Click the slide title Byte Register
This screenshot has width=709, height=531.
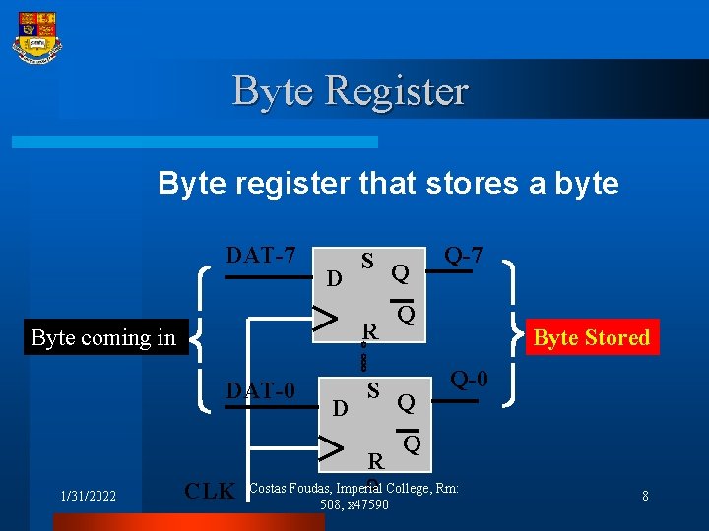coord(351,90)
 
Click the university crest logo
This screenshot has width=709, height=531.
coord(36,37)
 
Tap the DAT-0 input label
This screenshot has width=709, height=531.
coord(261,390)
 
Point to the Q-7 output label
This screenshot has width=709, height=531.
coord(463,255)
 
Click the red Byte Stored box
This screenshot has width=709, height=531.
coord(591,337)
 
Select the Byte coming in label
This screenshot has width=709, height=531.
coord(103,338)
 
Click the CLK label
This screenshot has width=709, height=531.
coord(211,491)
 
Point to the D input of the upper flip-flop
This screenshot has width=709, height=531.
coord(334,279)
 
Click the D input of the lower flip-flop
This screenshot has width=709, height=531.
coord(339,406)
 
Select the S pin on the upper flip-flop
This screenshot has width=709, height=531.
coord(366,262)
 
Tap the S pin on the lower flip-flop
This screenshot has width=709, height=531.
coord(373,389)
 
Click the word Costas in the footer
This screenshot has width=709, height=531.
coord(270,489)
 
